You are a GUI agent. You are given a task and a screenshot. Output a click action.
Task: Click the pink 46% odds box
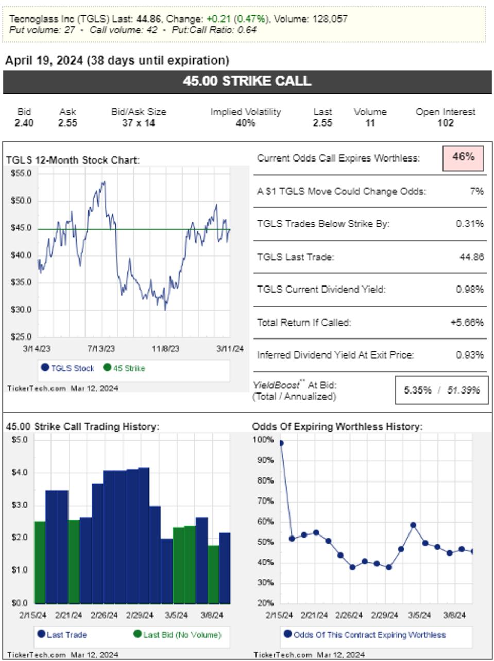(x=463, y=157)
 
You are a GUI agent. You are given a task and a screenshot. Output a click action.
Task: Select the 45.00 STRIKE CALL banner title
(x=247, y=81)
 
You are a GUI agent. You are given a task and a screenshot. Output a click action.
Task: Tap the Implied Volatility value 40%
(x=245, y=123)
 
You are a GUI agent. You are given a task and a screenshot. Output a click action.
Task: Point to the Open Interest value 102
(x=445, y=123)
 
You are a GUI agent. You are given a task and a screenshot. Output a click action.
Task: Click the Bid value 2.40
(x=24, y=123)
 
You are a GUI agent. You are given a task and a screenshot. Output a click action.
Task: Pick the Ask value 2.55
(x=67, y=123)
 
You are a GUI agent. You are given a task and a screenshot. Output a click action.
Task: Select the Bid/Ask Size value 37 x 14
(x=139, y=123)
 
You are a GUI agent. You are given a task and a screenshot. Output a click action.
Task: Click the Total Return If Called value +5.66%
(x=467, y=323)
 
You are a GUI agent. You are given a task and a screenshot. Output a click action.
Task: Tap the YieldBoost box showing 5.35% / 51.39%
(x=441, y=390)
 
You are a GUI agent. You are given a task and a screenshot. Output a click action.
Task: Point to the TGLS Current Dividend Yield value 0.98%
(x=469, y=289)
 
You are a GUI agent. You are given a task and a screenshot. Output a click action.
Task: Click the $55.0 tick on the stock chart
(x=21, y=174)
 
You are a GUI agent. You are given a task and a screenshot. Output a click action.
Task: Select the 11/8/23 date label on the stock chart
(x=166, y=349)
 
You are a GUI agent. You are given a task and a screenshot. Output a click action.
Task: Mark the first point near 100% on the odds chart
(x=281, y=443)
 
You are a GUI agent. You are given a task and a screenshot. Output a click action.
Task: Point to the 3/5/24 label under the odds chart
(x=419, y=615)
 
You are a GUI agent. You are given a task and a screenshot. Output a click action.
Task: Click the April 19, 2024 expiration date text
(x=44, y=60)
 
